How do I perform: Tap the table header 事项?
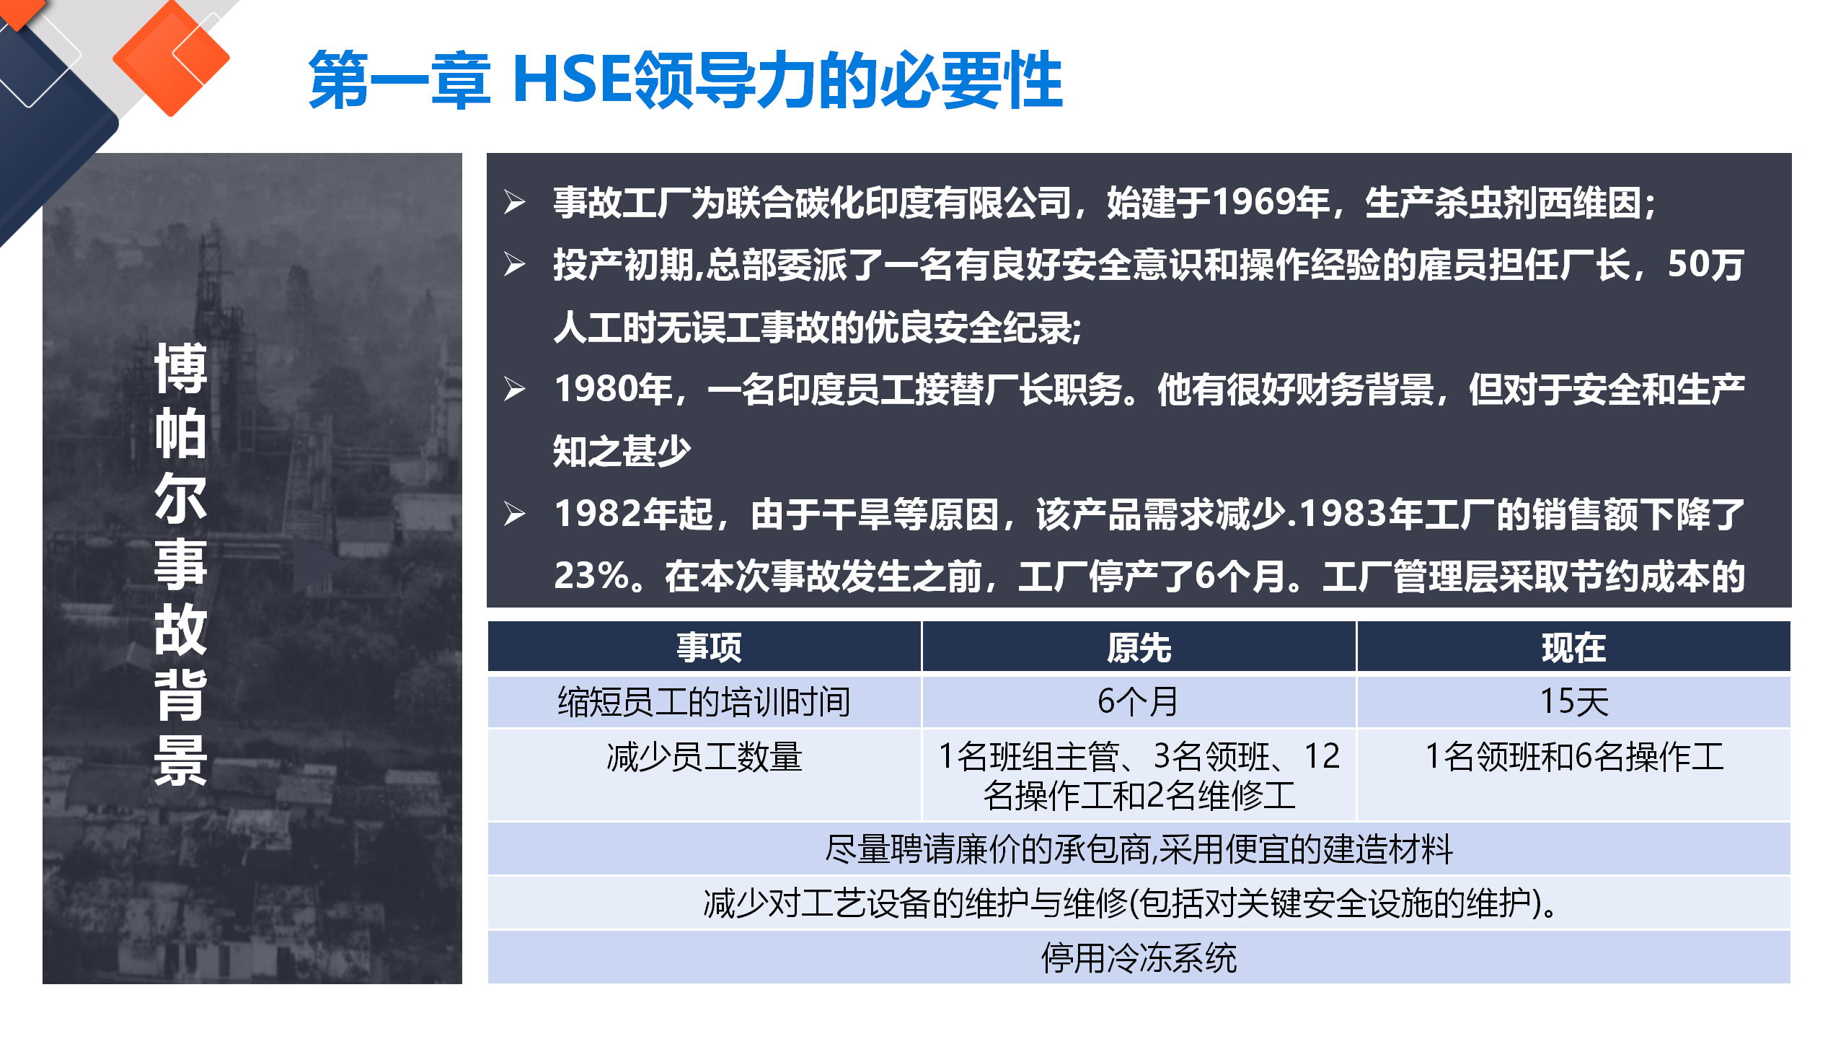709,647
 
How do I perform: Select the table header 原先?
1139,647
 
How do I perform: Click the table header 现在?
1573,647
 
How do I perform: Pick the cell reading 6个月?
1138,701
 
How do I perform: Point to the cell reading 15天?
1574,701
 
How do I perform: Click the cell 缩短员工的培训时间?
704,701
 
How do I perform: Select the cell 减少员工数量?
704,756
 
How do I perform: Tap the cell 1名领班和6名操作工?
1574,756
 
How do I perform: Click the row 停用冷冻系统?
1139,957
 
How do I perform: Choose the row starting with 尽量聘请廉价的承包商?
1139,849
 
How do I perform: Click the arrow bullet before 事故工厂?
514,202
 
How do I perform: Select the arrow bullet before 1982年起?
514,514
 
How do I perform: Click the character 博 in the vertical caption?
181,368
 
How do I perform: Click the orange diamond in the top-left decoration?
172,58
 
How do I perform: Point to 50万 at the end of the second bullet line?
1705,264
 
